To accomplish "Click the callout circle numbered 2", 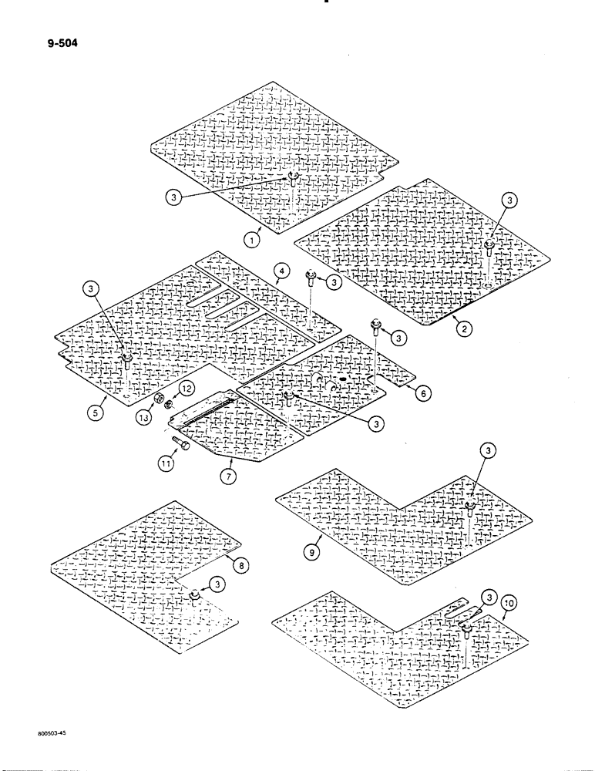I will click(464, 328).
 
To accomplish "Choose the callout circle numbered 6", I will click(423, 392).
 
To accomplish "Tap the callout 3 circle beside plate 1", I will click(175, 197).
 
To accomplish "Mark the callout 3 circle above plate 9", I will click(486, 450).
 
